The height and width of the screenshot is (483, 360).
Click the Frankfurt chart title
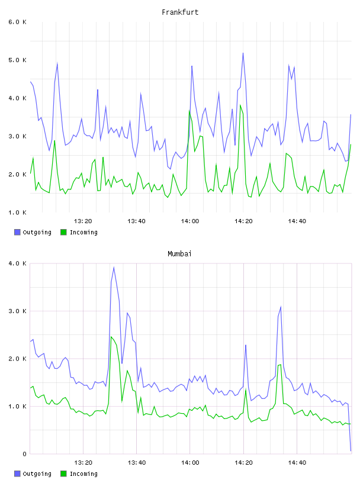[x=180, y=12]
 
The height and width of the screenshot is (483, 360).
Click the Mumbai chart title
[x=179, y=254]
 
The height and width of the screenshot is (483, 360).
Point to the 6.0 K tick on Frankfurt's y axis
[x=18, y=22]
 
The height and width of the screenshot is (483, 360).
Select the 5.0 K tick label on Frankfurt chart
[x=18, y=60]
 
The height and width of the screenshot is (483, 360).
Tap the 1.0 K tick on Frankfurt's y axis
[x=18, y=212]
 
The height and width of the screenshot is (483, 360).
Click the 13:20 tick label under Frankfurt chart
[x=83, y=221]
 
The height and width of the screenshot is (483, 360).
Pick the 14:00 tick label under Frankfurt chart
[x=190, y=221]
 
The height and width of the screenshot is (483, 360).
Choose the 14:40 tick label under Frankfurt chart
[x=297, y=221]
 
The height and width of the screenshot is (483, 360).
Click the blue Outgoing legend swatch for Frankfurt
[x=17, y=232]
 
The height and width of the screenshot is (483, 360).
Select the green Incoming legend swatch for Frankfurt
[x=63, y=232]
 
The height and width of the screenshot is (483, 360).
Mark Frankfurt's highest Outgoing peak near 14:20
[x=243, y=53]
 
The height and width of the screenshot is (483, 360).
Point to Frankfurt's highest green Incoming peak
[x=240, y=105]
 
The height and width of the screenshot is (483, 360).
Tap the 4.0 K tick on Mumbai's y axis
[x=18, y=263]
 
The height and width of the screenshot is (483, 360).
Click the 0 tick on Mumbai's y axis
[x=24, y=454]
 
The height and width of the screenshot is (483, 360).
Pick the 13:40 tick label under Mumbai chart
[x=137, y=463]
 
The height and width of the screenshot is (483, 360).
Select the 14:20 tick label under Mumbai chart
[x=243, y=463]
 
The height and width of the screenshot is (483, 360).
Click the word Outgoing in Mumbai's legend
[x=37, y=474]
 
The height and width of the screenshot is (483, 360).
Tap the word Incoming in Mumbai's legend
[x=83, y=474]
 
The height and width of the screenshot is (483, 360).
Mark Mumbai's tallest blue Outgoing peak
[x=114, y=268]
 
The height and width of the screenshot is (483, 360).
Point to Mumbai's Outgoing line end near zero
[x=351, y=451]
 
